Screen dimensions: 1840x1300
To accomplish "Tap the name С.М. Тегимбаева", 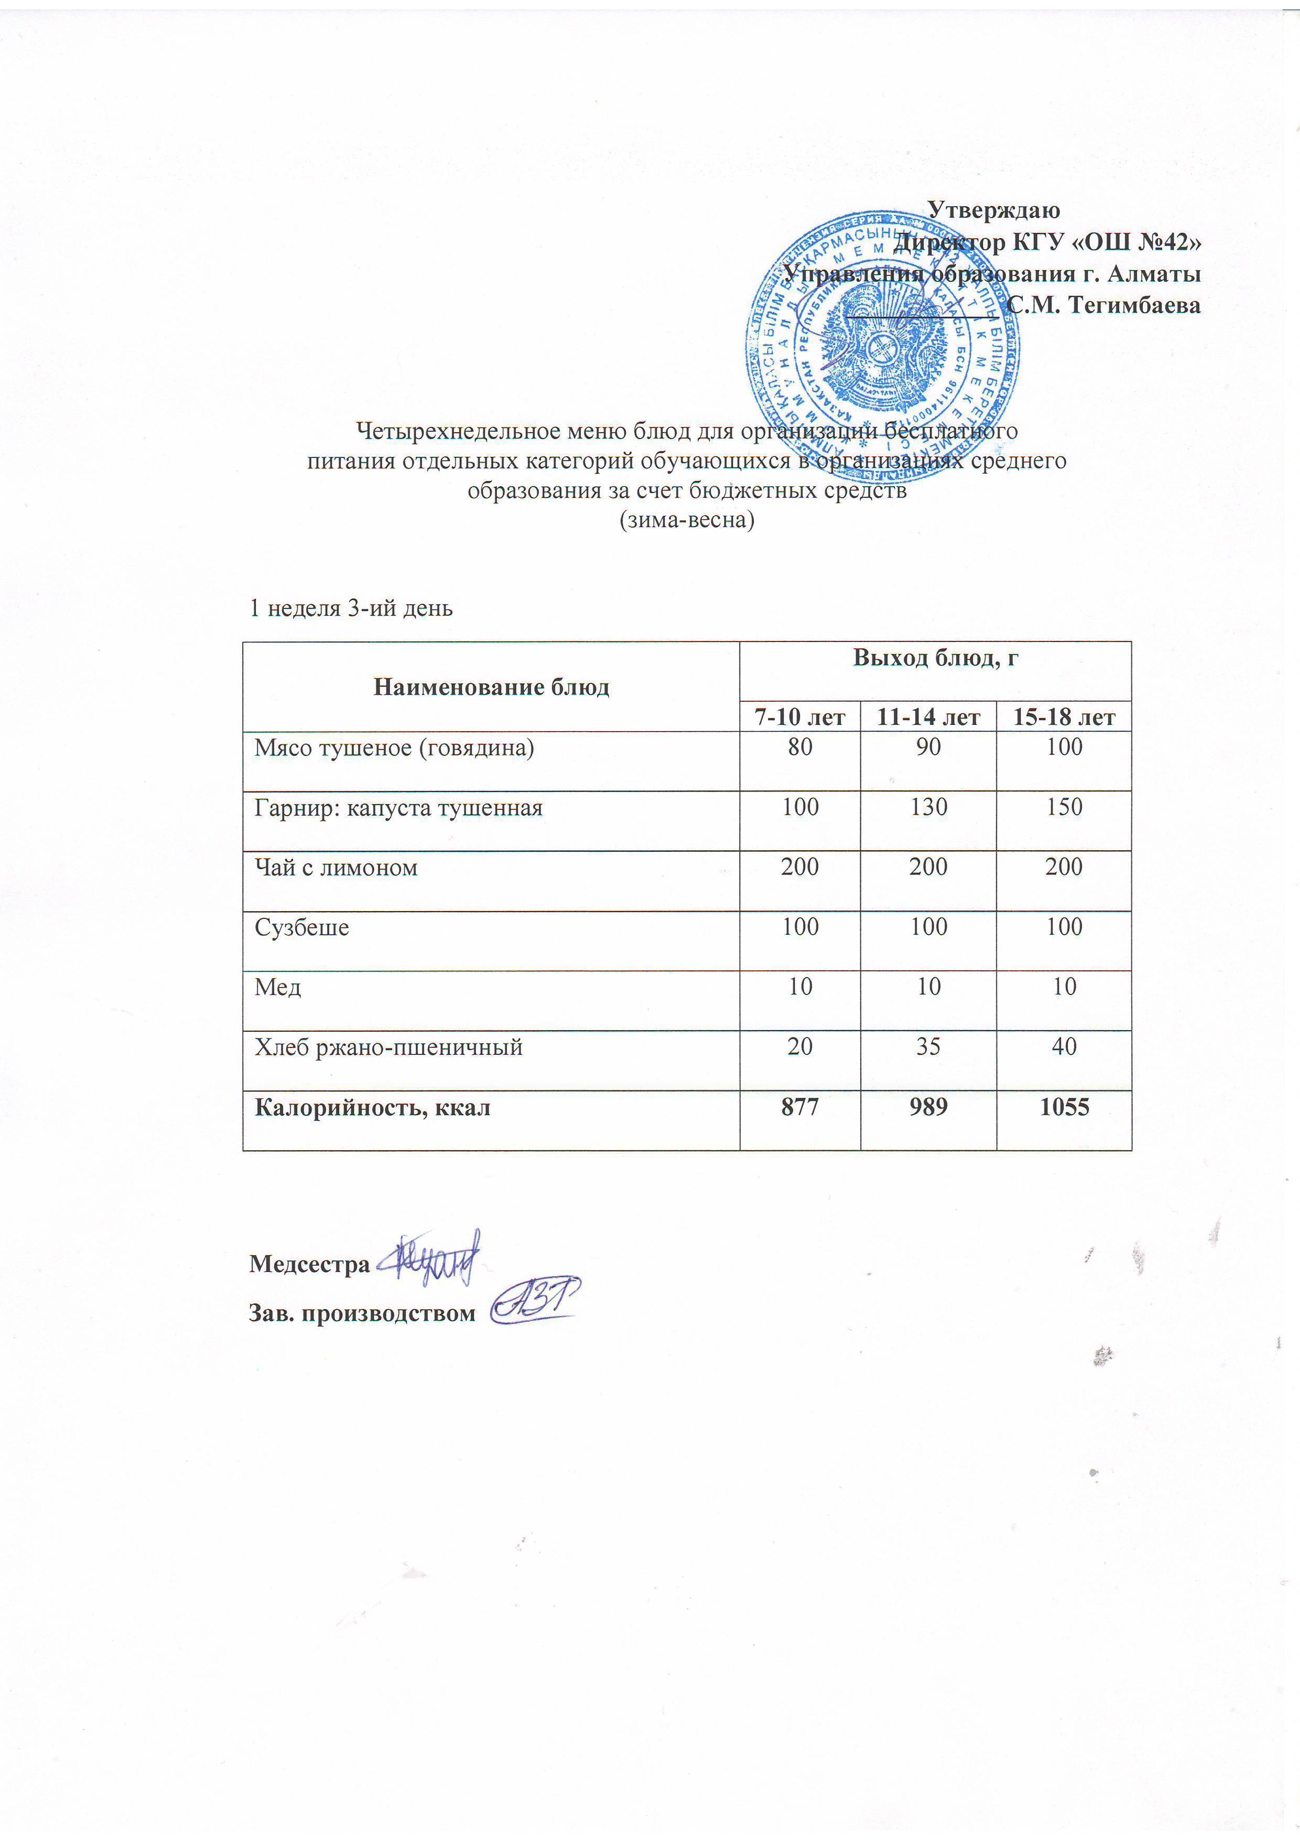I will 1104,305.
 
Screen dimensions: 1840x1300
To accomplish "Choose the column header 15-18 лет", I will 1064,717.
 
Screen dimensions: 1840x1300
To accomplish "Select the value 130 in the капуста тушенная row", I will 928,807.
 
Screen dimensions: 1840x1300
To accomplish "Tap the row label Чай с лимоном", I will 335,867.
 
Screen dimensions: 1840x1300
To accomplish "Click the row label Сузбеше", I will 301,927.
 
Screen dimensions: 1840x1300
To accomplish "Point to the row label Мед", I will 277,987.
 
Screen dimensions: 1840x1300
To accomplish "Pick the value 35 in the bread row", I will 928,1046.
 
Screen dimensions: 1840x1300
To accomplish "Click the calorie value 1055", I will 1064,1108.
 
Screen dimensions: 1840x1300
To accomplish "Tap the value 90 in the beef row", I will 928,747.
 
